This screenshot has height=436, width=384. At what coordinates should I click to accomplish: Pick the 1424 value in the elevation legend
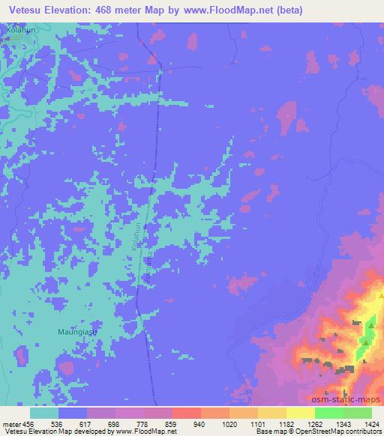click(x=367, y=423)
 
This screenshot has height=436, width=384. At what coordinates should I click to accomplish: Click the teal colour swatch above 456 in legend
click(x=44, y=413)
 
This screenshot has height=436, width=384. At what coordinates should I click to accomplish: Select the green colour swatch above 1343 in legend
click(x=328, y=413)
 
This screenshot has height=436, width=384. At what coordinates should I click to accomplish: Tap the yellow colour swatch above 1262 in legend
click(x=300, y=413)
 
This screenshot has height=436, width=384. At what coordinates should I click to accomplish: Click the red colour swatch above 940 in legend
click(x=186, y=413)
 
